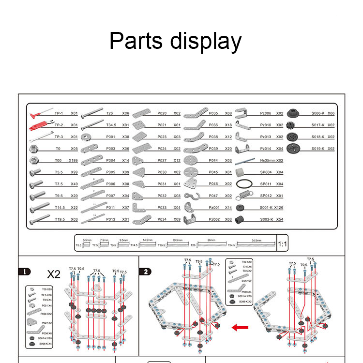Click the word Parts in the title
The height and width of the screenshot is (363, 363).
(x=136, y=42)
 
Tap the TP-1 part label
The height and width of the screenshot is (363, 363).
(x=59, y=113)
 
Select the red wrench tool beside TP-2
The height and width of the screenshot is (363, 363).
(x=40, y=125)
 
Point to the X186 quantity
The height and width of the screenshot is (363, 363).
(x=73, y=160)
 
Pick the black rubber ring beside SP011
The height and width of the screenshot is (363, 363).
(x=244, y=184)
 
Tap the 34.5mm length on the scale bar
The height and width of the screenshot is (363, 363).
(x=257, y=240)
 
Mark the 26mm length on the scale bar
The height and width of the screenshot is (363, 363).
(x=211, y=240)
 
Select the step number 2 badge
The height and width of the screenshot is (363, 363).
(x=145, y=272)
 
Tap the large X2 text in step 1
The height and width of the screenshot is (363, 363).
(x=54, y=274)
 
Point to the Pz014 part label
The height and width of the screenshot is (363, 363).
(x=266, y=149)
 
